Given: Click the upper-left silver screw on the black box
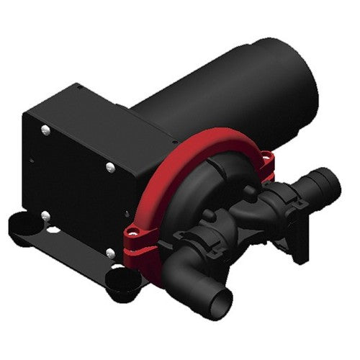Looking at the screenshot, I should tap(45, 130).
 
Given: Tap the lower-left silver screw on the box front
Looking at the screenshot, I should tap(45, 214).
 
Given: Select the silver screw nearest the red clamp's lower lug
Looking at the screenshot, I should tap(110, 251).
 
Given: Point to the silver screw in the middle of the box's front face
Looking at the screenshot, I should tap(109, 167).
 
